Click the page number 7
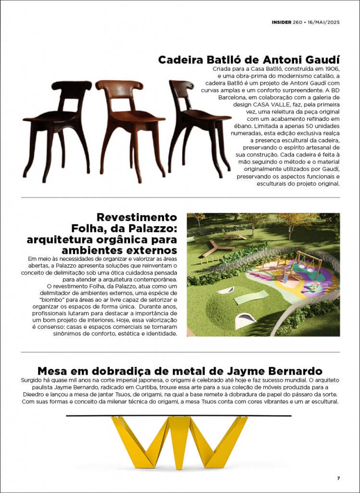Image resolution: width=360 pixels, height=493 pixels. point(338,478)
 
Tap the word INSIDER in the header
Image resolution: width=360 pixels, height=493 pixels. point(281,23)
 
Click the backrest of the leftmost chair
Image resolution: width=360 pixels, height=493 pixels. point(72,90)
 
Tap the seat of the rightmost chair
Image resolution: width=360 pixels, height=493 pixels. point(205,116)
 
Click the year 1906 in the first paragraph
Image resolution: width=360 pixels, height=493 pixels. point(331,69)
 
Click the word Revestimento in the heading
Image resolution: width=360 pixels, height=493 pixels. point(137,218)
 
